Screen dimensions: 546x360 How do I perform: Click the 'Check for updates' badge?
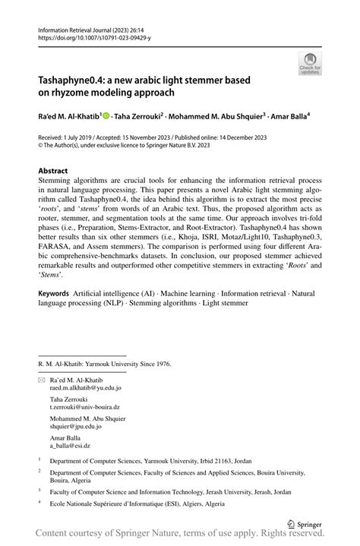coord(309,65)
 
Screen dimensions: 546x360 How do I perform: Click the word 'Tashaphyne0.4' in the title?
coord(73,80)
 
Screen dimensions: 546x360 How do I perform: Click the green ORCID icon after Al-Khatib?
coord(106,116)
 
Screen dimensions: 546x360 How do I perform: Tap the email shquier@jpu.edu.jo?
coord(77,427)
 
